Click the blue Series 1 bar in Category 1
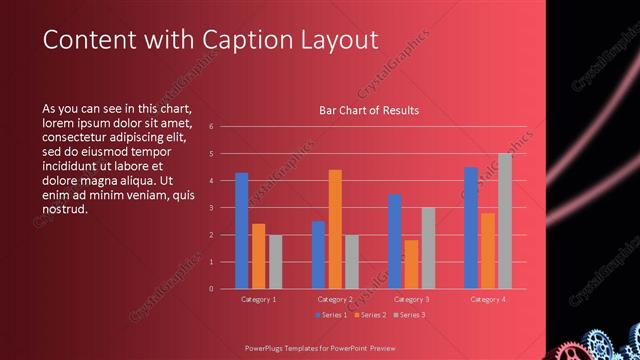tap(241, 231)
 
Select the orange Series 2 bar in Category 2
tap(335, 229)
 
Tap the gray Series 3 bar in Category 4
tap(505, 221)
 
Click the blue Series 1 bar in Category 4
tap(470, 228)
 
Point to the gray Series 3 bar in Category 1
tap(275, 262)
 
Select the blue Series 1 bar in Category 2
tap(318, 255)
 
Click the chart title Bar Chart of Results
tap(369, 110)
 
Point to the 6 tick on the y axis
tap(211, 127)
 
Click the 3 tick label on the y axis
tap(211, 208)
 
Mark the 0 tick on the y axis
tap(211, 289)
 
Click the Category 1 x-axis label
tap(259, 299)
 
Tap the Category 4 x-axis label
tap(487, 299)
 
